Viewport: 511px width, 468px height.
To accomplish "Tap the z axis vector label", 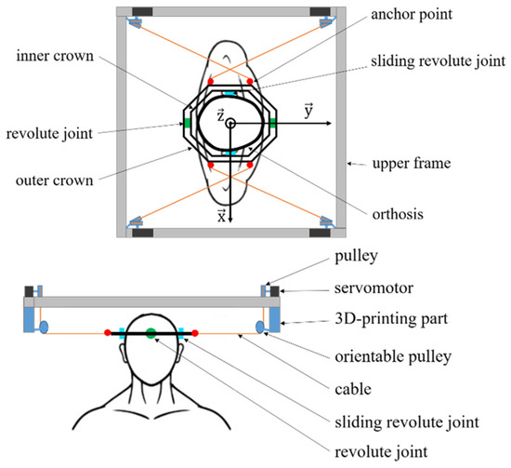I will point(218,114).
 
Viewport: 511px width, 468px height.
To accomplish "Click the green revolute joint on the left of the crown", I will point(186,124).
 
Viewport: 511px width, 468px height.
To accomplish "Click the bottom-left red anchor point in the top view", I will point(212,165).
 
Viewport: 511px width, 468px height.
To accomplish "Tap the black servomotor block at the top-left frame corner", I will point(143,13).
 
